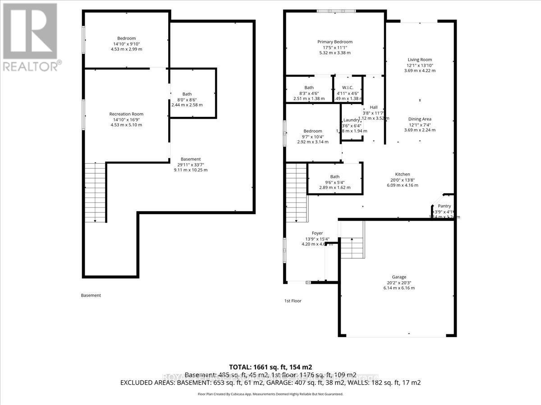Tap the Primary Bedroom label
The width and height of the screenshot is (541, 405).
click(x=335, y=42)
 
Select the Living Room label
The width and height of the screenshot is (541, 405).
click(x=420, y=60)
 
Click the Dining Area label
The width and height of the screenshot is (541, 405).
click(x=420, y=119)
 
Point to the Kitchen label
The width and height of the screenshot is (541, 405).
click(x=403, y=174)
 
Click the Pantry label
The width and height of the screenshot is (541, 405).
click(x=444, y=206)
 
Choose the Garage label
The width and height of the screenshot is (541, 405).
click(x=399, y=277)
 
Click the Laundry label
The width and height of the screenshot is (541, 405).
click(x=351, y=120)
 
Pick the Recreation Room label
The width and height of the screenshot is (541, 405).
click(x=126, y=114)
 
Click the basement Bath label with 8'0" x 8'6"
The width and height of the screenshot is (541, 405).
click(x=187, y=94)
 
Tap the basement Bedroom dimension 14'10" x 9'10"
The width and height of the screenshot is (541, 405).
click(x=126, y=44)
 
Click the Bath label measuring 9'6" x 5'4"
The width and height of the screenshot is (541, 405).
click(x=335, y=177)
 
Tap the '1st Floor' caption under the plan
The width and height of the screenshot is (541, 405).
click(x=293, y=301)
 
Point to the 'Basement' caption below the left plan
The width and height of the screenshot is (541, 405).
click(x=91, y=296)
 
